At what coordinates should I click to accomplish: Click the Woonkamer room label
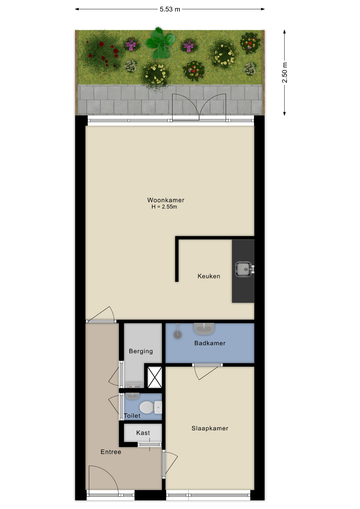point(166,200)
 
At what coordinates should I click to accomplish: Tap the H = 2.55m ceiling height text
point(164,207)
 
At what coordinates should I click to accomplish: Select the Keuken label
point(209,276)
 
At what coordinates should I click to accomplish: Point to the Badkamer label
point(210,343)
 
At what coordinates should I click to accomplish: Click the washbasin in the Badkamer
point(204,329)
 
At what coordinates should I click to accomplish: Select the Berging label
point(141,351)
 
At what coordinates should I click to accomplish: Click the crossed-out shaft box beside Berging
point(155,377)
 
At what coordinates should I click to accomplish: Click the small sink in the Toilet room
point(132,396)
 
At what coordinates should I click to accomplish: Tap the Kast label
point(143,433)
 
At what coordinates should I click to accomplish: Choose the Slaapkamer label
point(210,428)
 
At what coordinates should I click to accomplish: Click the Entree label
point(111,452)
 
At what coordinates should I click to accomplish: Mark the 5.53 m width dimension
point(170,9)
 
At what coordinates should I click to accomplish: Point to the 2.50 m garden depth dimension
point(284,73)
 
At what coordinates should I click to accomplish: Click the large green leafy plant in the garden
point(160,43)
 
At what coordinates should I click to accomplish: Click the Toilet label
point(132,416)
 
